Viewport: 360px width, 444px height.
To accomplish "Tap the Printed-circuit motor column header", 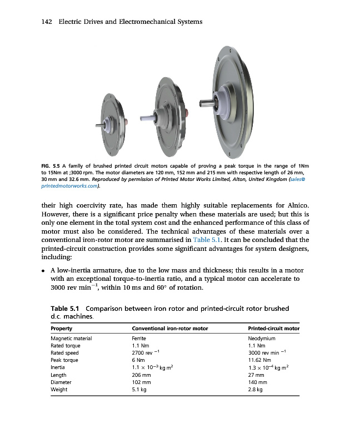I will coord(273,329).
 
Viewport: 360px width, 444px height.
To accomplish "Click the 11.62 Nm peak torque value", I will coord(259,360).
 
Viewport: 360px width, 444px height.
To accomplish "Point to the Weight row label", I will coord(59,390).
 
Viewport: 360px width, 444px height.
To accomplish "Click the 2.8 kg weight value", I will coord(256,390).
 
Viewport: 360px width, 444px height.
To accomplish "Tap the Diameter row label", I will coord(61,382).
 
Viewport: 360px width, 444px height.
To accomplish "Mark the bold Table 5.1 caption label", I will coord(67,308).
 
